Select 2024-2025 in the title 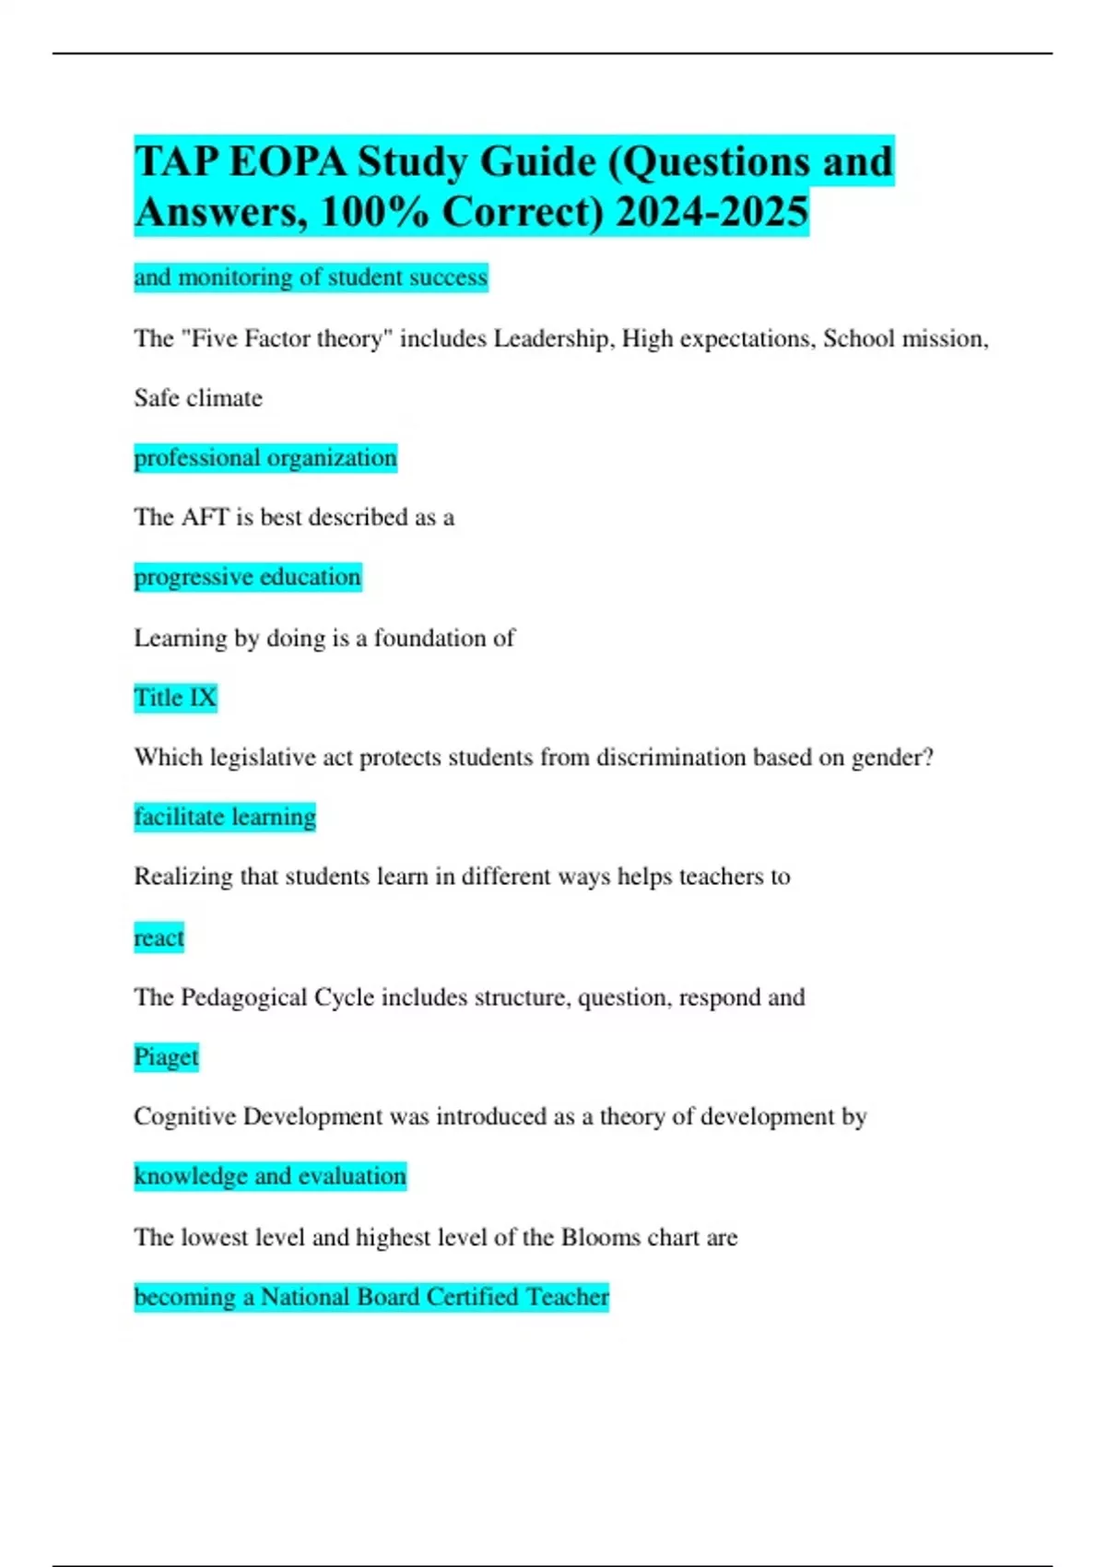coord(712,212)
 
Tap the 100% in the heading coord(374,212)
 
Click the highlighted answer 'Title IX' coord(175,698)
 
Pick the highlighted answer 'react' coord(159,937)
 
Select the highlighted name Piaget coord(166,1056)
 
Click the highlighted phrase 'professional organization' coord(265,457)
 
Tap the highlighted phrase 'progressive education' coord(247,577)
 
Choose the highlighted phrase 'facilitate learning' coord(225,817)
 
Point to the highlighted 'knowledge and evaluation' coord(270,1176)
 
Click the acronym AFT coord(205,517)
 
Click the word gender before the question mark coord(884,758)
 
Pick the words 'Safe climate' coord(198,398)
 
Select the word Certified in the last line coord(473,1297)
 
